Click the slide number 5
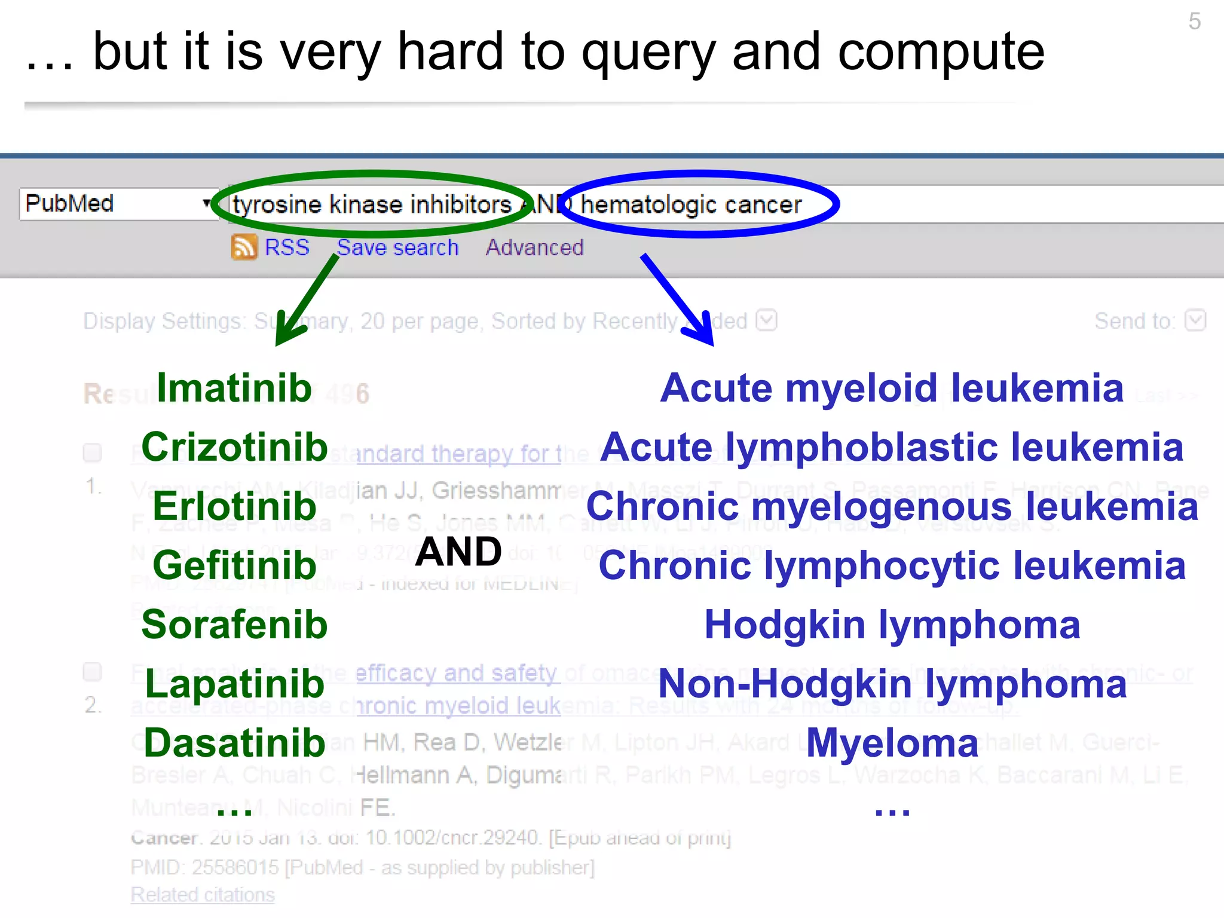point(1194,22)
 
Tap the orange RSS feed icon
point(244,247)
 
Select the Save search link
point(397,247)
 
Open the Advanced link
point(534,247)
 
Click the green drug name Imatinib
point(234,388)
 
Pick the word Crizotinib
point(234,447)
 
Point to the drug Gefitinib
point(234,565)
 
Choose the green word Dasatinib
point(234,743)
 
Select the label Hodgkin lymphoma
point(892,625)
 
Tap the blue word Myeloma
point(892,743)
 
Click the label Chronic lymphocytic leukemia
point(892,565)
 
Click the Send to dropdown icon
point(1195,320)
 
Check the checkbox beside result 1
point(92,452)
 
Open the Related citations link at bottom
point(203,895)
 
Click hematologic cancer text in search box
point(690,205)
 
